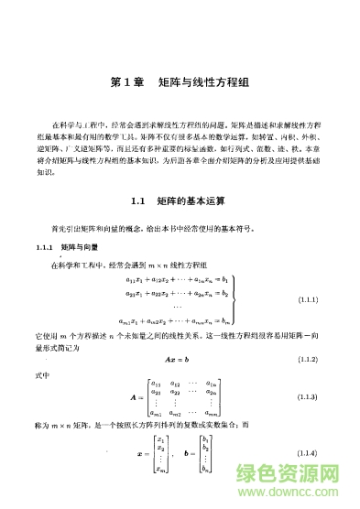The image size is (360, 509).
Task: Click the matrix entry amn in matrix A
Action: coord(213,413)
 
